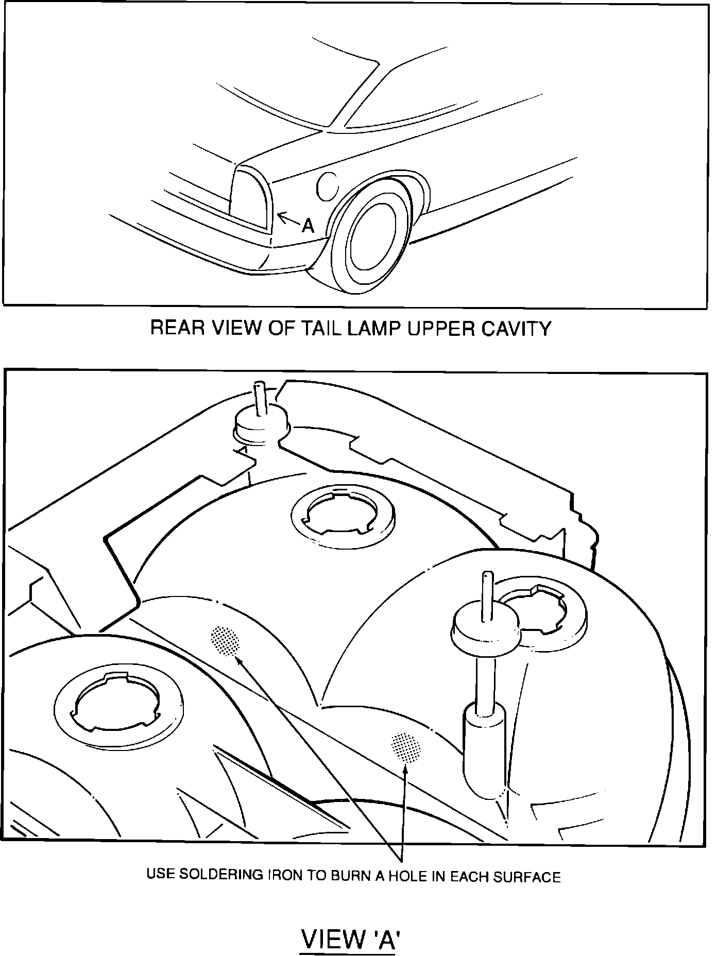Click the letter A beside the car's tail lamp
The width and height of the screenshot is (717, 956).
click(308, 225)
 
